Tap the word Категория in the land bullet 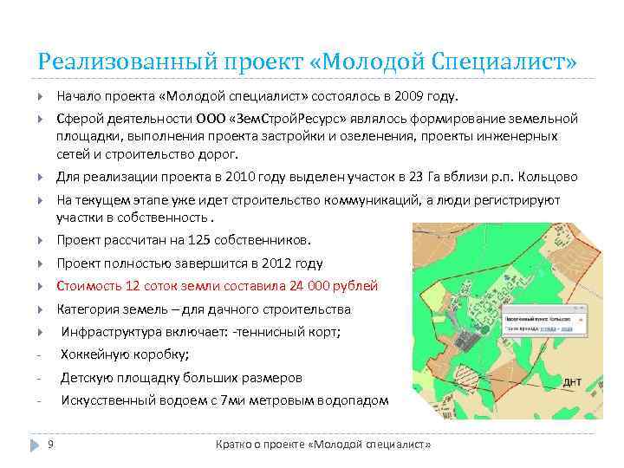coord(88,309)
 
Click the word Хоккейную coord(95,354)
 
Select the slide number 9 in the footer coord(51,444)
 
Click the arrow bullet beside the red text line coord(42,286)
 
